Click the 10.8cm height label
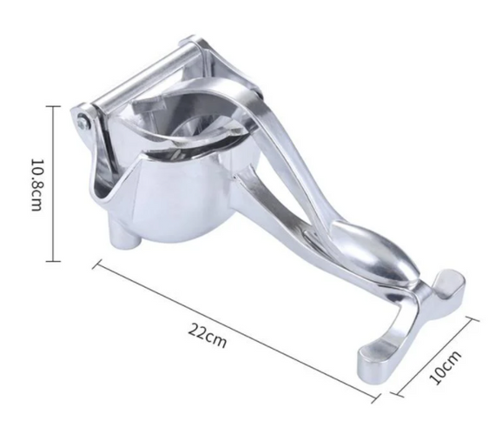(36, 184)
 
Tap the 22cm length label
(208, 335)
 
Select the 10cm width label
(445, 368)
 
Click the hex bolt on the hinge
(83, 121)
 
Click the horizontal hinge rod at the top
(145, 75)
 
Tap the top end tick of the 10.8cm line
(53, 107)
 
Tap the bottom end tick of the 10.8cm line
(53, 261)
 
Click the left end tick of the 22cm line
(97, 264)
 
